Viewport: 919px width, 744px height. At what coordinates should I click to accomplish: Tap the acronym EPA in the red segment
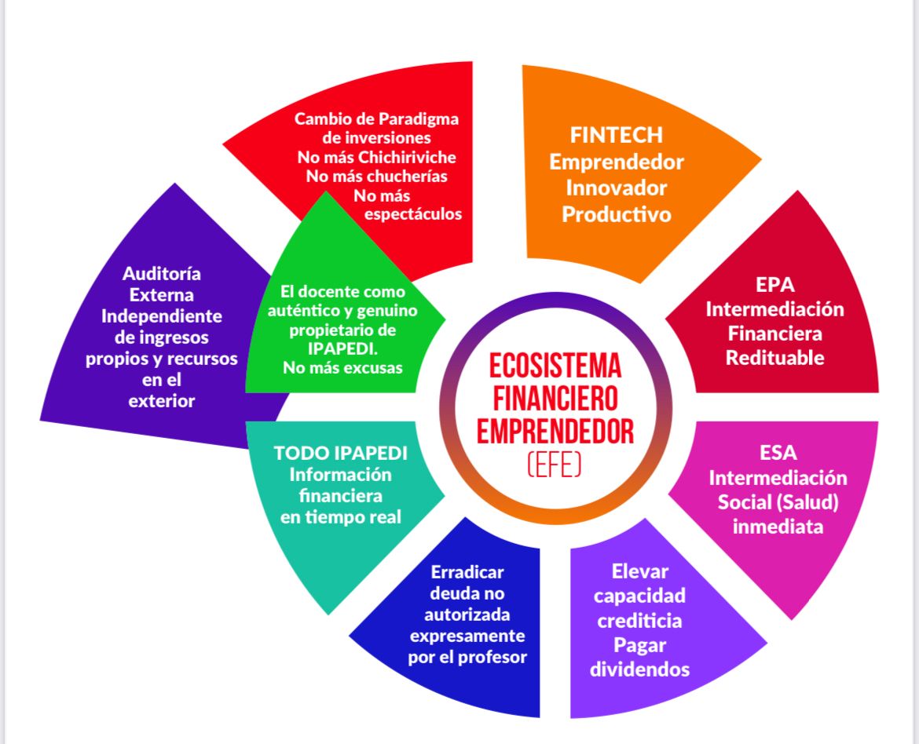pyautogui.click(x=774, y=284)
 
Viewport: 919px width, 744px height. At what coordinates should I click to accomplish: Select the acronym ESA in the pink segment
pyautogui.click(x=778, y=453)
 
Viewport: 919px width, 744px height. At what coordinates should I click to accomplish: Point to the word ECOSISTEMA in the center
pyautogui.click(x=555, y=366)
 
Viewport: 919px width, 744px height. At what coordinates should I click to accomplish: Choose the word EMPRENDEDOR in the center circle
pyautogui.click(x=555, y=432)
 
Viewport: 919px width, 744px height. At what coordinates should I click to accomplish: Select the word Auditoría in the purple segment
pyautogui.click(x=162, y=274)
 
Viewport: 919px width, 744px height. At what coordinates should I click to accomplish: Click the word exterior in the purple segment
pyautogui.click(x=162, y=402)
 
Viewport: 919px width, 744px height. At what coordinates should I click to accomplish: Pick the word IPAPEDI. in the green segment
pyautogui.click(x=342, y=347)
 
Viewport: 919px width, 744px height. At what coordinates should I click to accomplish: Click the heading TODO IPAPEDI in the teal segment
pyautogui.click(x=340, y=454)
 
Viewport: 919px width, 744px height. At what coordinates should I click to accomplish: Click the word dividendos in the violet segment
pyautogui.click(x=639, y=669)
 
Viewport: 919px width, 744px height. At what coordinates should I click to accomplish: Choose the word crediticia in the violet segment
pyautogui.click(x=639, y=621)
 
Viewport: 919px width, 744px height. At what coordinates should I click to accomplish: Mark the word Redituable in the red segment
pyautogui.click(x=774, y=358)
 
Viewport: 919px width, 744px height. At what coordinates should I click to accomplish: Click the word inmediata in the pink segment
pyautogui.click(x=778, y=526)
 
